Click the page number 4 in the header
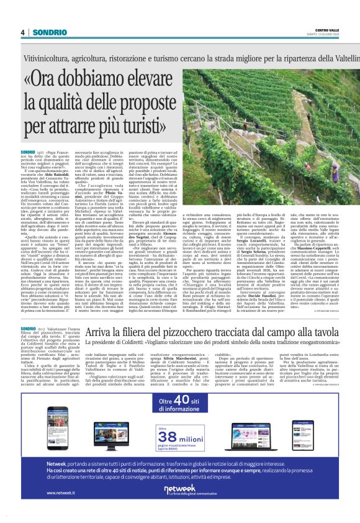22,32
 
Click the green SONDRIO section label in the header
45,32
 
